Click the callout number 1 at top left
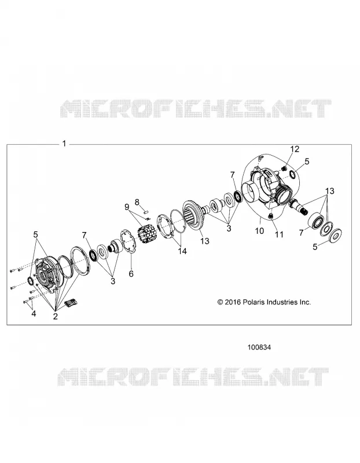pos(64,144)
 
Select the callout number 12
pos(295,149)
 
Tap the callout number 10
pos(259,230)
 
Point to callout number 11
pos(279,234)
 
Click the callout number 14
pos(182,251)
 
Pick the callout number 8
pos(137,202)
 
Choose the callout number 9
pos(127,207)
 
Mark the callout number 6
pos(131,274)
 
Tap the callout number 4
pos(34,314)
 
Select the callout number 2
pos(55,316)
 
